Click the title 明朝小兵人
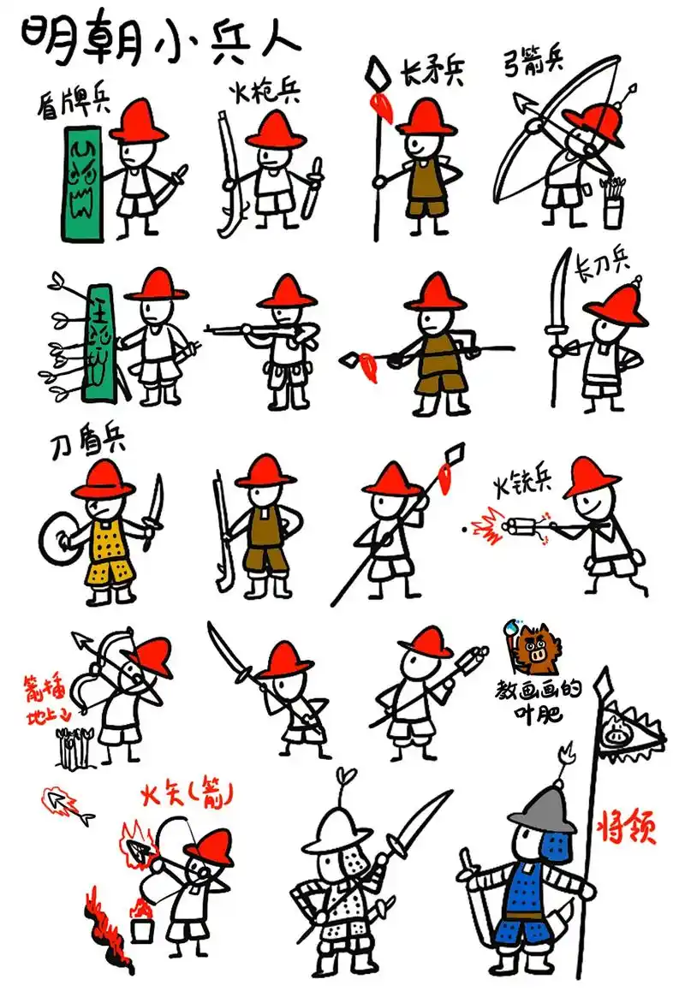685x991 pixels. pos(158,39)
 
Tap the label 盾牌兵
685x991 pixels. pos(73,104)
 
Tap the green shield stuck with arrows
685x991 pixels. pos(100,343)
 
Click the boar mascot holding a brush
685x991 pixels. pos(537,648)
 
